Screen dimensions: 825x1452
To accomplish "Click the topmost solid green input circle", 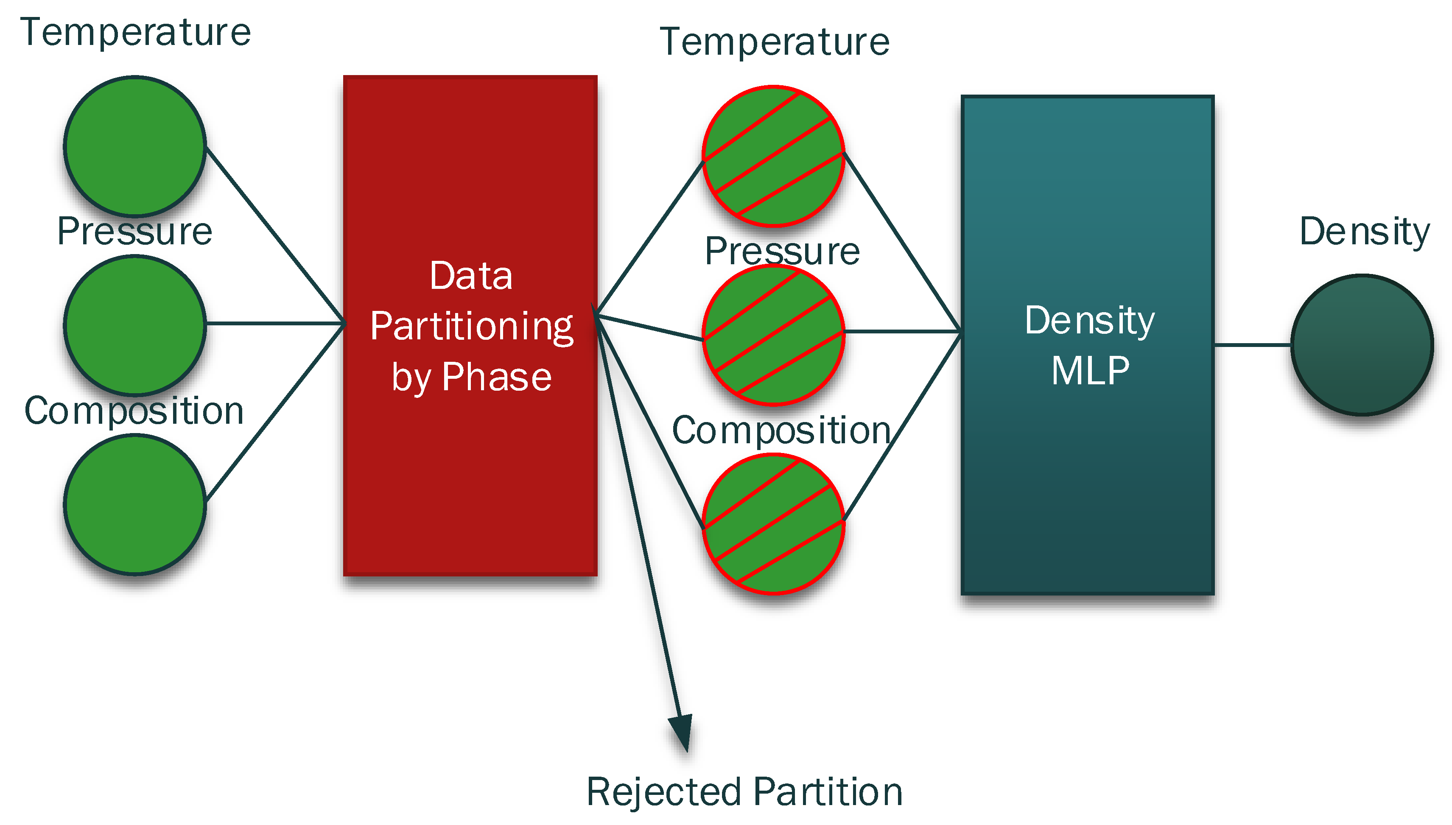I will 135,146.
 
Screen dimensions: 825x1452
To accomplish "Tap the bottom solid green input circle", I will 135,504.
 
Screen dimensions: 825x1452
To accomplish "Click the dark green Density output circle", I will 1362,345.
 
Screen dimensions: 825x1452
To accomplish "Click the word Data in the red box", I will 471,277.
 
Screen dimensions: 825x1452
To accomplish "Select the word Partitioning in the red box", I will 471,327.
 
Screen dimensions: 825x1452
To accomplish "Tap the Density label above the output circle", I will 1364,232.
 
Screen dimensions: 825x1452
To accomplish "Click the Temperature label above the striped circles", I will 775,42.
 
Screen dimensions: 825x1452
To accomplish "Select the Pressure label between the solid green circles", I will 135,231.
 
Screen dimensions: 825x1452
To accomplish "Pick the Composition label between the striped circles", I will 781,431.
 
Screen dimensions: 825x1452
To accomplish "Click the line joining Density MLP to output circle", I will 1252,344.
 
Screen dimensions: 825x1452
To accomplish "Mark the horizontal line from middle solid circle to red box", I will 275,324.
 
